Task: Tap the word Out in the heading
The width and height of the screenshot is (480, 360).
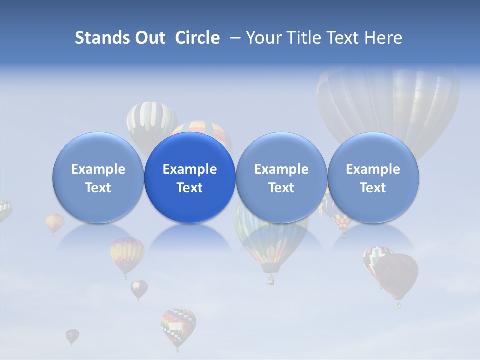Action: pos(149,38)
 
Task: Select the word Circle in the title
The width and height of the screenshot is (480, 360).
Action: pos(197,38)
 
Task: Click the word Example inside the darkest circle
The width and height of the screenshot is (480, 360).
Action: pos(190,169)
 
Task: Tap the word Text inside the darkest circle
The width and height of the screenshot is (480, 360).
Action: pos(190,188)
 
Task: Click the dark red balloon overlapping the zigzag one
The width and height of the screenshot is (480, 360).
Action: pos(398,274)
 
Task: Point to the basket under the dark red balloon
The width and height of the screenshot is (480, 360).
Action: pos(399,304)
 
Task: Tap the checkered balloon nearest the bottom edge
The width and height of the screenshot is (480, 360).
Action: pos(178,325)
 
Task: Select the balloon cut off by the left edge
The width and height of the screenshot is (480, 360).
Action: pos(4,210)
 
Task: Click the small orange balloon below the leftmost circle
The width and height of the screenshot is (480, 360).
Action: pos(54,223)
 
